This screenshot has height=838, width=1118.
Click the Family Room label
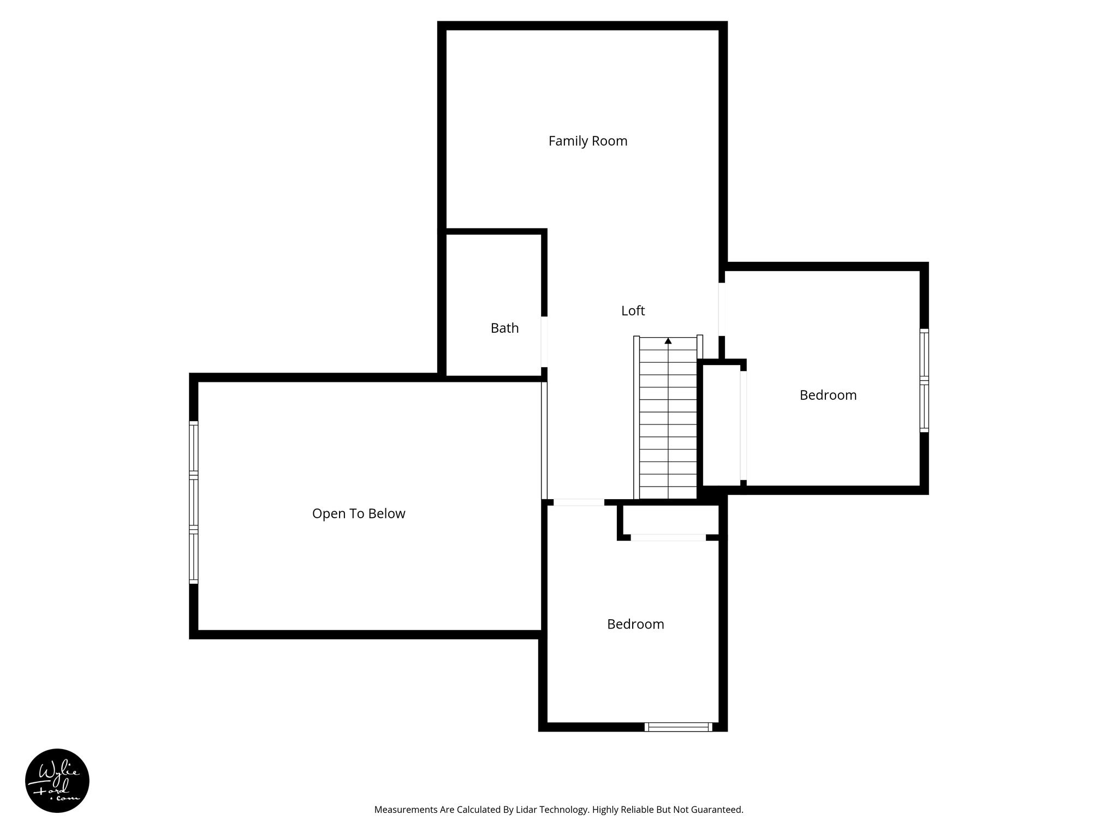coord(587,141)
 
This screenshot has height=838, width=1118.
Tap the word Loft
coord(633,311)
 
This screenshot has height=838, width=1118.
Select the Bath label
coord(504,328)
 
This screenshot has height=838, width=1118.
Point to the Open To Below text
coord(359,514)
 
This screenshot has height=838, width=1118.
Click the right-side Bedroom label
coord(828,396)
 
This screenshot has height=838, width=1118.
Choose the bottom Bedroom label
coord(635,624)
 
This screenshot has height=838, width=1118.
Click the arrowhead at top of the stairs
coord(668,341)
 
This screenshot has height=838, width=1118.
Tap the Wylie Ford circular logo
coord(57,780)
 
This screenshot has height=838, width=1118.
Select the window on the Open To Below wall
coord(193,502)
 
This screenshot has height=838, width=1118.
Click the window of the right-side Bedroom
coord(924,380)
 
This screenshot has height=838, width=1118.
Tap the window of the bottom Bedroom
coord(678,727)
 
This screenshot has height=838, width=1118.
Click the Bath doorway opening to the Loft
coord(544,342)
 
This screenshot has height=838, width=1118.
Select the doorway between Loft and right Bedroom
coord(722,309)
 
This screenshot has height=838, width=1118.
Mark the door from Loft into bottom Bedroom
coord(579,502)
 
